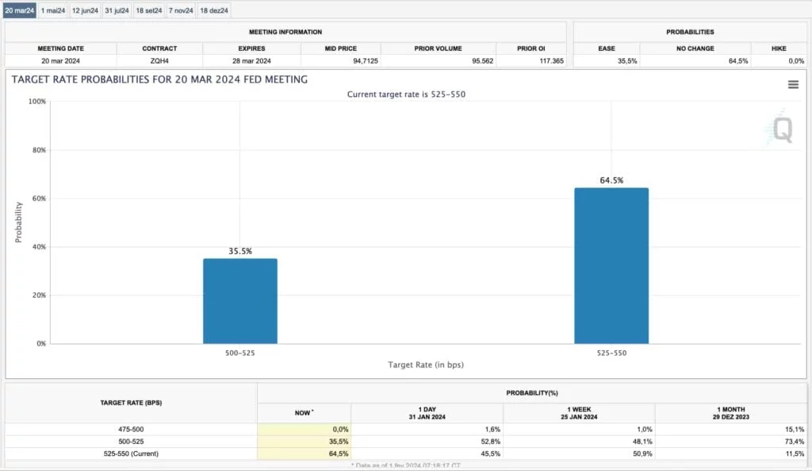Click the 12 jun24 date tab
point(85,10)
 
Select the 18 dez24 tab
point(214,10)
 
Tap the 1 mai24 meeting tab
point(53,10)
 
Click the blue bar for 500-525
point(240,301)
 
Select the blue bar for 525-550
point(611,266)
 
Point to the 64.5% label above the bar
point(611,180)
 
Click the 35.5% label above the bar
point(240,251)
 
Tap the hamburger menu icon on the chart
point(793,84)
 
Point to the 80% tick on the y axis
point(37,150)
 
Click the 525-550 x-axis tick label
point(611,353)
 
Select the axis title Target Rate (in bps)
point(426,365)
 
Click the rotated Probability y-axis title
point(18,222)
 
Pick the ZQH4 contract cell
point(159,60)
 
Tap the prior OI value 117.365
point(548,60)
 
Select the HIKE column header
point(779,48)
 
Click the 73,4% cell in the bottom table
point(794,441)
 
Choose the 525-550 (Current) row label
point(131,454)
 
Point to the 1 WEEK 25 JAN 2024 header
point(579,412)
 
